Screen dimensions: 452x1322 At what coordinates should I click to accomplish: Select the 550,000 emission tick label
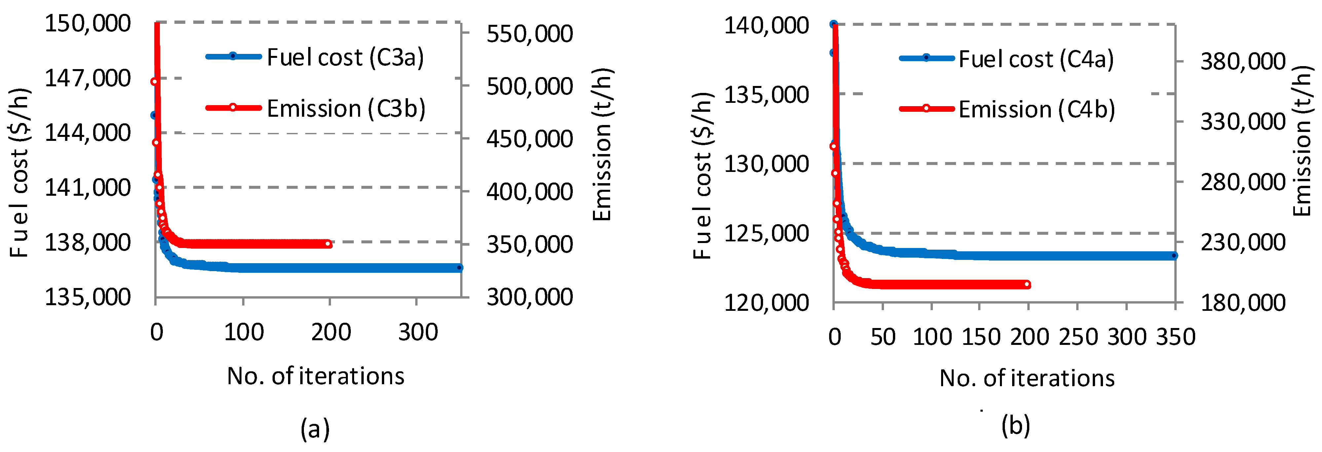click(x=530, y=34)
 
